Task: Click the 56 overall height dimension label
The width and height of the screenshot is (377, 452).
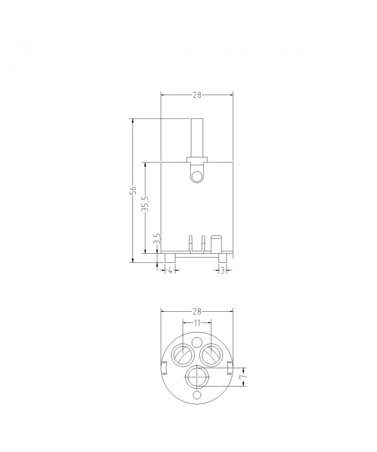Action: coord(133,190)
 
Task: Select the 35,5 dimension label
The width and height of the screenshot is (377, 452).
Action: coord(145,203)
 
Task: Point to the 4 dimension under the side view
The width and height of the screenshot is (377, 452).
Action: coord(170,270)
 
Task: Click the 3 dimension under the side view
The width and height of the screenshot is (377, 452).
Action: coord(223,270)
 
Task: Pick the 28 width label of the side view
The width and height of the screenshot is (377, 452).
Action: coord(197,95)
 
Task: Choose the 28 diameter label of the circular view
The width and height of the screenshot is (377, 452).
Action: coord(197,312)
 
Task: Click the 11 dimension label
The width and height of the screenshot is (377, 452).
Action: coord(197,323)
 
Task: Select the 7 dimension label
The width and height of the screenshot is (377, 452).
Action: coord(245,377)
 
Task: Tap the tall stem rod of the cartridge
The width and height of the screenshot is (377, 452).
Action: coord(197,138)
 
